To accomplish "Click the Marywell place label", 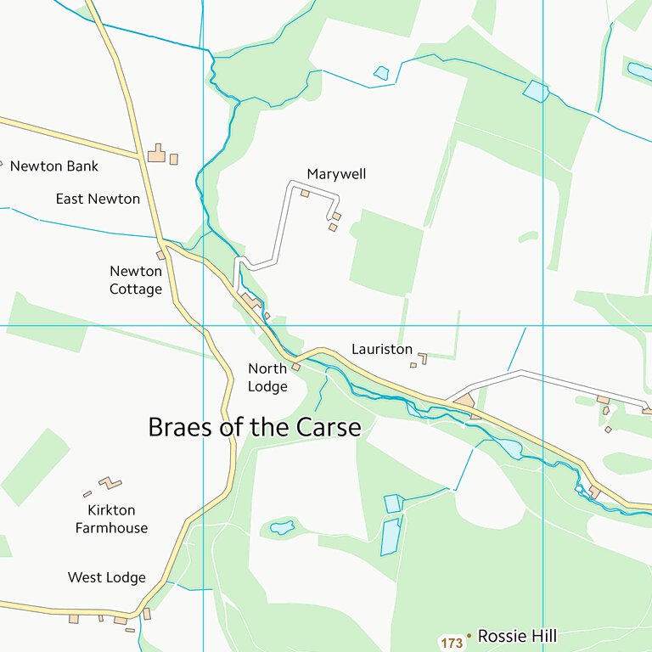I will click(x=336, y=174).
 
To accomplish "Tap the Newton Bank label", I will click(x=53, y=166).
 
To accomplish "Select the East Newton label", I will click(x=98, y=199).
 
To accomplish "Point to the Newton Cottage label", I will click(x=136, y=280).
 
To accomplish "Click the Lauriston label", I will click(x=382, y=349).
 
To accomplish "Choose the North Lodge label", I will click(x=267, y=378).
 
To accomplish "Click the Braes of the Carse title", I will click(x=255, y=427).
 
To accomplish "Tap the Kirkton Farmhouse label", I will click(x=111, y=519).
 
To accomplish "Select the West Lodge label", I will click(x=107, y=577).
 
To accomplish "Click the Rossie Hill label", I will click(x=518, y=636).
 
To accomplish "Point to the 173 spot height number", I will click(x=452, y=644).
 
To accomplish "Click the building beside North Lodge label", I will click(x=296, y=368).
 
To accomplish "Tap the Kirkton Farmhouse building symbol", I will click(x=110, y=483).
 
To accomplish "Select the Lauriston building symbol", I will click(x=422, y=358).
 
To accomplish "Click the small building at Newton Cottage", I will click(x=160, y=255).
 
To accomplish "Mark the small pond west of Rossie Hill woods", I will click(x=282, y=527).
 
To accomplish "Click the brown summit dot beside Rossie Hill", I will click(x=469, y=636).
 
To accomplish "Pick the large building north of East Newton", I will click(x=156, y=154).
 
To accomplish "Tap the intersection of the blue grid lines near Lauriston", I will click(x=543, y=325).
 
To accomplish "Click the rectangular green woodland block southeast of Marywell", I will click(x=386, y=252).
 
